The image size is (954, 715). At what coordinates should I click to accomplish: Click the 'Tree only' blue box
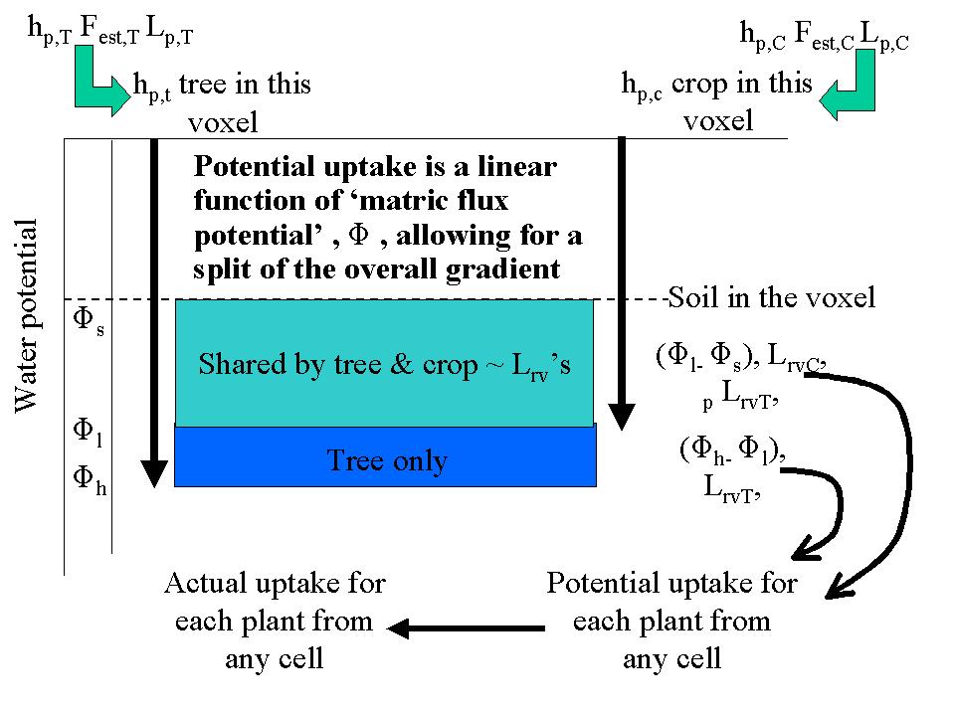coord(386,460)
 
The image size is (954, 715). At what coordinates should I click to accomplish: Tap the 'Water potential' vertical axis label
coord(27,316)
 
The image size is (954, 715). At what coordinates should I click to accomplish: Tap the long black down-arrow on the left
coord(154,308)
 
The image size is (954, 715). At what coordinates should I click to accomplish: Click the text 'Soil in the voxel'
coord(772,297)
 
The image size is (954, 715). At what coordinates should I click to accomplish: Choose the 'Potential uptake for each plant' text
coord(671,621)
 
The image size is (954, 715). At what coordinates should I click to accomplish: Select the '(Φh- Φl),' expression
coord(732,450)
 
